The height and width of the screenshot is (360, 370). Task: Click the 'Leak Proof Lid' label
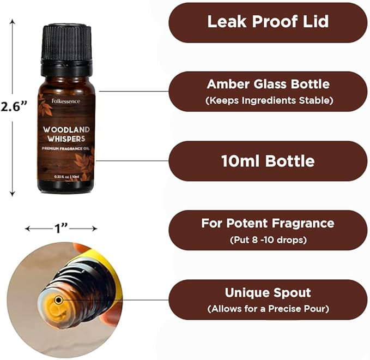coord(268,22)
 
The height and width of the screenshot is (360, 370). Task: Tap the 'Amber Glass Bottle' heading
coord(268,85)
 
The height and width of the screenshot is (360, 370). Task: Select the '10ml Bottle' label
coord(268,161)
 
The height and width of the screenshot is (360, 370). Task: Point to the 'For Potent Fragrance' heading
coord(268,224)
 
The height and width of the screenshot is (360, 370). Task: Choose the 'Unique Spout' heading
coord(268,292)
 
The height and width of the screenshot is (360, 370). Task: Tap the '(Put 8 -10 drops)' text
coord(268,240)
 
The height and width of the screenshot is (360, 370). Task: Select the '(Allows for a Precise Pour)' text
coord(268,309)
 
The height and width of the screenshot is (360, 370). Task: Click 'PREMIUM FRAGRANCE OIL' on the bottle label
coord(66,149)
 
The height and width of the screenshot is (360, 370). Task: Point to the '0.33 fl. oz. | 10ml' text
coord(66,177)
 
